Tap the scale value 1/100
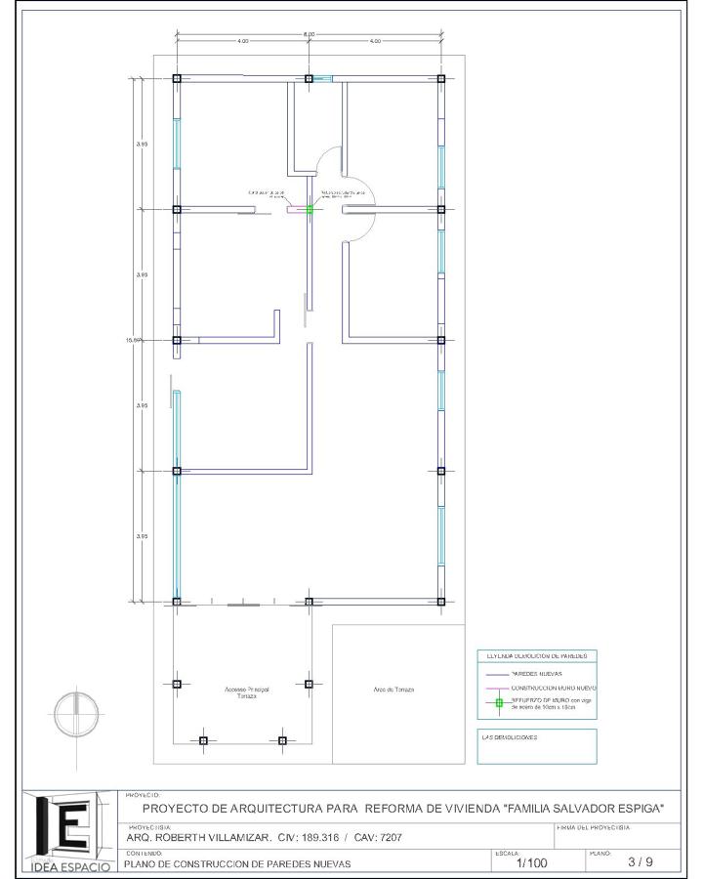(532, 863)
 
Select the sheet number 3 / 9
(641, 861)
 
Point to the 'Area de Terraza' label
(393, 690)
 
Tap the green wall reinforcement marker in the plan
(310, 209)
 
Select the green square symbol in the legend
(498, 703)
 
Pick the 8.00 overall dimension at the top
(309, 35)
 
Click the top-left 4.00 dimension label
(242, 41)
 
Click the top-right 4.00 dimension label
(375, 41)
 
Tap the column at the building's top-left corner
(177, 78)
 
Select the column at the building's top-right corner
(441, 78)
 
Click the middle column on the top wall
(309, 78)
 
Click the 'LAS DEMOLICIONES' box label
(509, 737)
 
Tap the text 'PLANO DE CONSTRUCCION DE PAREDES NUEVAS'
(238, 864)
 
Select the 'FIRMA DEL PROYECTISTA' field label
(594, 827)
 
